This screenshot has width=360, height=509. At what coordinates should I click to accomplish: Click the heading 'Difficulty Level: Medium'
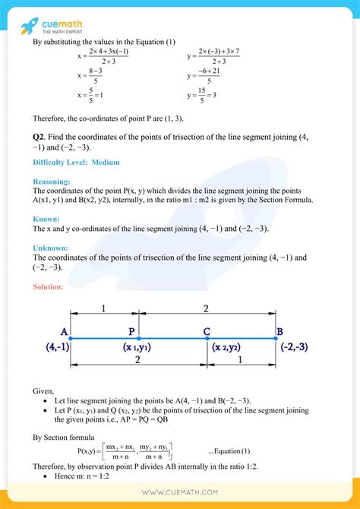click(76, 163)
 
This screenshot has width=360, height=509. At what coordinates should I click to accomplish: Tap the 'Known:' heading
click(47, 218)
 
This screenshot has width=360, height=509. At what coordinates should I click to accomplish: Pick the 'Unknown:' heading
click(52, 248)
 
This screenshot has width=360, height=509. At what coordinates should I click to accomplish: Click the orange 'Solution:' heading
click(49, 286)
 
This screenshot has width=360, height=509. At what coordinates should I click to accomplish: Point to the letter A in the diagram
click(64, 331)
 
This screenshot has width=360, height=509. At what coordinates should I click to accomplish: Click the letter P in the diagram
click(132, 331)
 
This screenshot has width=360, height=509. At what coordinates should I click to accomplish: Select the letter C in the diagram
click(207, 331)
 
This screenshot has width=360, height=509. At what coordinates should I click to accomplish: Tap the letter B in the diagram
click(279, 331)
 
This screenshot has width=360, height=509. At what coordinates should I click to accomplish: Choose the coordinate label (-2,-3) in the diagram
click(291, 346)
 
